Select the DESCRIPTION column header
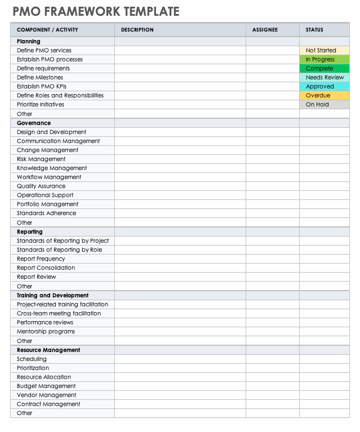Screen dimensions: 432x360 pyautogui.click(x=137, y=30)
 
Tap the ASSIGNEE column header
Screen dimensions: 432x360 pyautogui.click(x=265, y=30)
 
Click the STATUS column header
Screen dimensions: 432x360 pyautogui.click(x=314, y=30)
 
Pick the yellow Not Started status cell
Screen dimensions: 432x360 pyautogui.click(x=324, y=50)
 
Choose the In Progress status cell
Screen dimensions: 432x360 pyautogui.click(x=324, y=59)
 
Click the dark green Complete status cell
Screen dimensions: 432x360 pyautogui.click(x=324, y=68)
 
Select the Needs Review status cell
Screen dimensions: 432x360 pyautogui.click(x=324, y=77)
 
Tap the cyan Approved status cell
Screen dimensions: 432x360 pyautogui.click(x=324, y=86)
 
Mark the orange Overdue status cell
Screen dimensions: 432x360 pyautogui.click(x=324, y=95)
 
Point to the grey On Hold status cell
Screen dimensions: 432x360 pyautogui.click(x=324, y=104)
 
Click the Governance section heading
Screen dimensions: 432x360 pyautogui.click(x=34, y=123)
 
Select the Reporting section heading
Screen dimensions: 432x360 pyautogui.click(x=30, y=231)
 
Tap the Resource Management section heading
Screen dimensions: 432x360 pyautogui.click(x=48, y=350)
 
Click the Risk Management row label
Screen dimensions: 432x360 pyautogui.click(x=41, y=159)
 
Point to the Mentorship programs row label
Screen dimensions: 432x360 pyautogui.click(x=46, y=331)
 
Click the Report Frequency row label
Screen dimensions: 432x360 pyautogui.click(x=41, y=259)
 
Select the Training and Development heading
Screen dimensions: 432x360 pyautogui.click(x=52, y=295)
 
